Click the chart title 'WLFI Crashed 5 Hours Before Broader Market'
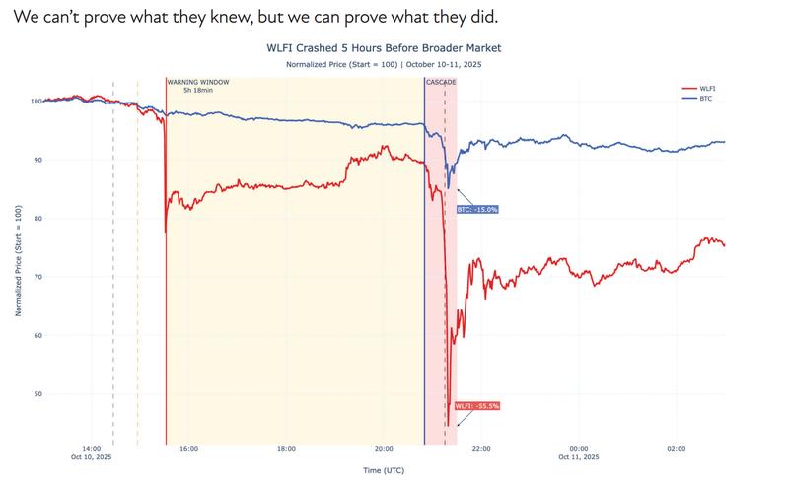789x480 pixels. [x=384, y=47]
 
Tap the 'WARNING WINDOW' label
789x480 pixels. [x=197, y=82]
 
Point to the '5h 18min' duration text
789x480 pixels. [x=197, y=90]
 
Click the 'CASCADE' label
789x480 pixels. [x=440, y=82]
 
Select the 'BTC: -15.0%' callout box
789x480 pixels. [x=477, y=209]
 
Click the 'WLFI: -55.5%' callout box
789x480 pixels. [x=476, y=405]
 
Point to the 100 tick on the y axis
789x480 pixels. [x=34, y=101]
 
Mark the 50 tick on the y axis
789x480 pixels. [x=36, y=394]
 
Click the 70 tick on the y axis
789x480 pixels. [x=36, y=277]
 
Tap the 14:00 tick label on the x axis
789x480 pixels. [x=92, y=448]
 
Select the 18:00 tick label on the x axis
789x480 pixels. [x=286, y=448]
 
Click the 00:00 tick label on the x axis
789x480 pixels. [x=578, y=448]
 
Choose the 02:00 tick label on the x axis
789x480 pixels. [x=676, y=448]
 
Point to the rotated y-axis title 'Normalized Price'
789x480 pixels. [x=17, y=263]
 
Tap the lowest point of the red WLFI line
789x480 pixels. [x=448, y=425]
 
